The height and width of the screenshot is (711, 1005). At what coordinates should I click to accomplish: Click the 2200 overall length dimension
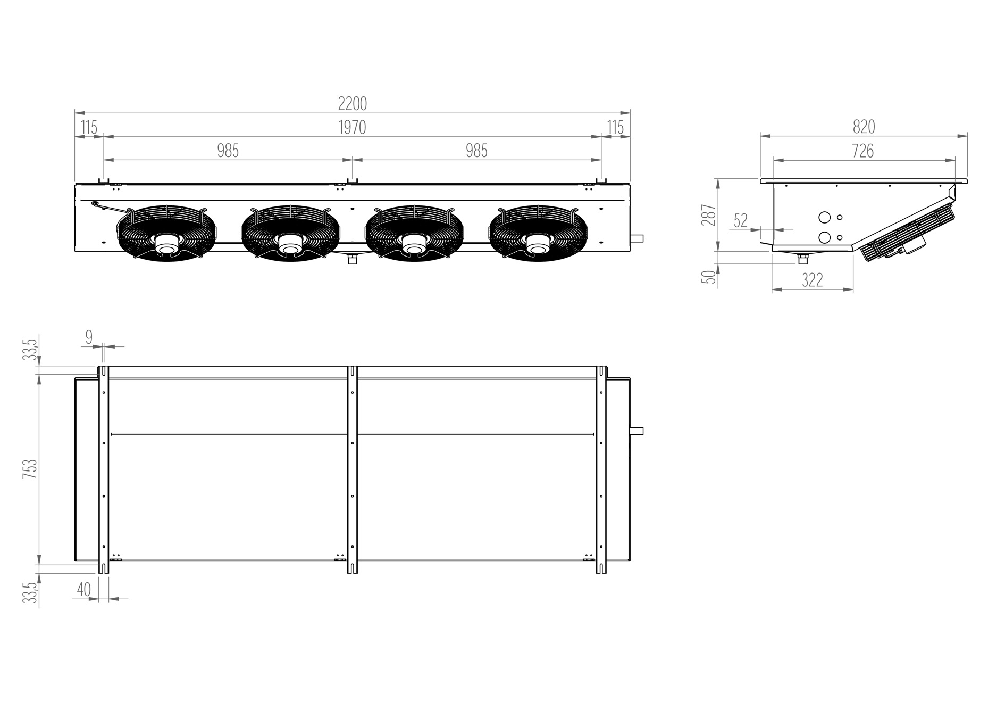click(353, 104)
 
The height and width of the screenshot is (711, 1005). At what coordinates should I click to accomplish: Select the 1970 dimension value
click(352, 128)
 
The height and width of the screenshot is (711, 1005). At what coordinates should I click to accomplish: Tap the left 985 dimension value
click(228, 151)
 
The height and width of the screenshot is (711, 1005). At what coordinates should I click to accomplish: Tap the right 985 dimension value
click(476, 151)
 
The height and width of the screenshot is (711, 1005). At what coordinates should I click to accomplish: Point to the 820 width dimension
click(864, 127)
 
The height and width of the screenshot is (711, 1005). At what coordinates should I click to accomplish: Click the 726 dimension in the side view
click(862, 151)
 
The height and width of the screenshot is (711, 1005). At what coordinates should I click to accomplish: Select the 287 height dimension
click(709, 215)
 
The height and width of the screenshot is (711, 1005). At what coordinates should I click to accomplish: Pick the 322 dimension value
click(812, 280)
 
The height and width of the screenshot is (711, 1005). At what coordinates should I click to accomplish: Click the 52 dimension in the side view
click(740, 220)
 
